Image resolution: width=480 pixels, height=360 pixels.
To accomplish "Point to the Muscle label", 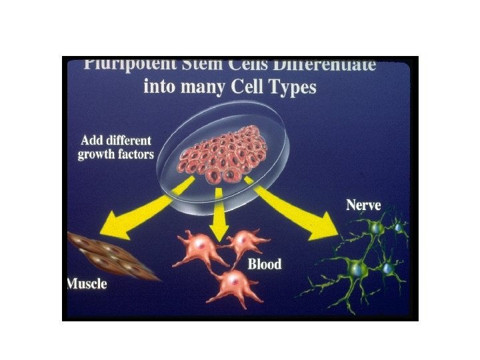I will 87,283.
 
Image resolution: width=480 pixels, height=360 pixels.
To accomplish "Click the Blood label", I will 264,264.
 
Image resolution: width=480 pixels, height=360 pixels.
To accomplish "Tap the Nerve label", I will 363,205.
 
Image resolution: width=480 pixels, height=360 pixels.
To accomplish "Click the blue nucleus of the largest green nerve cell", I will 353,267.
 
